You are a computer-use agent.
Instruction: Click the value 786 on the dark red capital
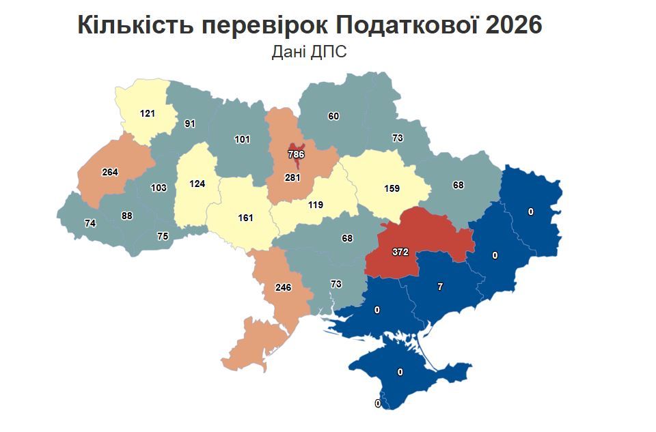point(296,154)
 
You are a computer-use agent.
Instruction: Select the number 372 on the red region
point(400,252)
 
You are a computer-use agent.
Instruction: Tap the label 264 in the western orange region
point(110,171)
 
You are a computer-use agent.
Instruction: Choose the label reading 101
point(242,139)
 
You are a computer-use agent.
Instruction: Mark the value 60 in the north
point(333,116)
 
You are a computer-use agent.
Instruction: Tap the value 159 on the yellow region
point(392,188)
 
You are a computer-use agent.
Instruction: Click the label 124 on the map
point(197,184)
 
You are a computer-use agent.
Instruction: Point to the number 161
point(245,218)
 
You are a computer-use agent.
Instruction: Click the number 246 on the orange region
point(283,287)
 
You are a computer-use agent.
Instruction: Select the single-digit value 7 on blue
point(440,287)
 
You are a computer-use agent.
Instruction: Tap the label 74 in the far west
point(90,222)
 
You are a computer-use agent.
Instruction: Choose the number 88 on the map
point(126,216)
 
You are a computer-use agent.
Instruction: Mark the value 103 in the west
point(159,187)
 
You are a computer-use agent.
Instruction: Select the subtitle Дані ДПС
point(309,52)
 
